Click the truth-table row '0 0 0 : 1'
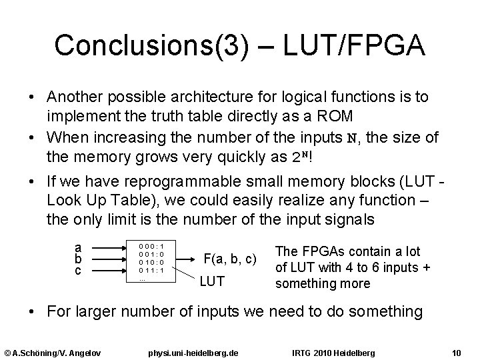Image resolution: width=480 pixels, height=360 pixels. (152, 246)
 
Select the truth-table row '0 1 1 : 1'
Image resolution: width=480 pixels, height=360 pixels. (152, 270)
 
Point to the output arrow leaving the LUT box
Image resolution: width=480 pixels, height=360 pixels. (186, 259)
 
